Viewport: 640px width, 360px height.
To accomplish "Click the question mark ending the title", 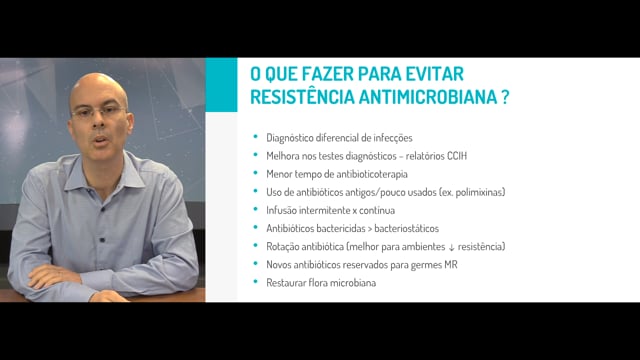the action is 505,97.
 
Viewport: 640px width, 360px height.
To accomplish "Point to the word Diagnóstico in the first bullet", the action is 289,138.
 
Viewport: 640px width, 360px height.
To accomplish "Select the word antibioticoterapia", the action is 372,174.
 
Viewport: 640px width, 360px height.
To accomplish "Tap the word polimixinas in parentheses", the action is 479,192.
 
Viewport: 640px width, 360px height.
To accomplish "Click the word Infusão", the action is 281,210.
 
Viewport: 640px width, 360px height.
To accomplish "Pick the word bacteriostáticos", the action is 407,229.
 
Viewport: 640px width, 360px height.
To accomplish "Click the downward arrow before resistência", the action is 451,247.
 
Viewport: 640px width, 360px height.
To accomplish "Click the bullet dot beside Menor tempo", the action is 256,173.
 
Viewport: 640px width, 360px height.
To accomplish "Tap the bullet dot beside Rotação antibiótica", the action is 256,245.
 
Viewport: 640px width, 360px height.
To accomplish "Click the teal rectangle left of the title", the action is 221,84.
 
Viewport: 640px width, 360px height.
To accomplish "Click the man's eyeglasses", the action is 98,112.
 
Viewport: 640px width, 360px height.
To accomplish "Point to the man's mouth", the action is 99,140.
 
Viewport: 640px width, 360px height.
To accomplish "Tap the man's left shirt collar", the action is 131,171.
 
